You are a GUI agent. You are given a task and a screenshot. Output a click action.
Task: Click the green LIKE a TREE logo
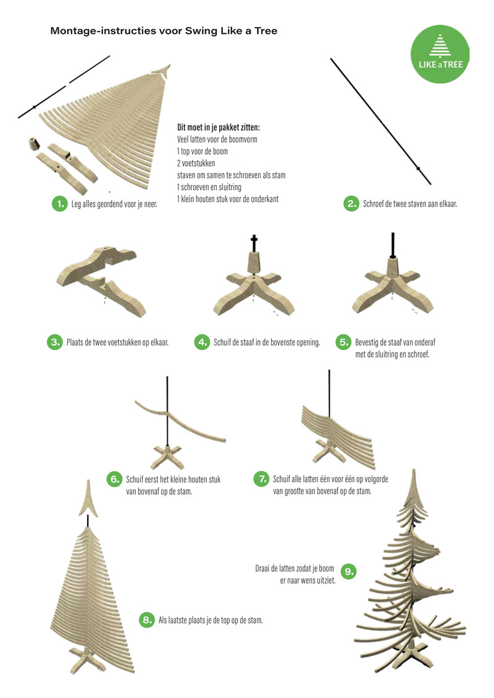[440, 54]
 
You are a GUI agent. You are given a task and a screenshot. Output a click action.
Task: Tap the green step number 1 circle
[59, 204]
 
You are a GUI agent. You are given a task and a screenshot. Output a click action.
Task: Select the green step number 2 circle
[351, 204]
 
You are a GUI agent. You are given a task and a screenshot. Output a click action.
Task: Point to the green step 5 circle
[343, 342]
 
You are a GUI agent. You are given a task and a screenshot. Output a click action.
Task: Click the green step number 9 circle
[349, 571]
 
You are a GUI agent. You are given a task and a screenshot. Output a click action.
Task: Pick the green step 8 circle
[146, 620]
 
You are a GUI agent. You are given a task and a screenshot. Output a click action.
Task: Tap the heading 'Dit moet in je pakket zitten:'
[218, 127]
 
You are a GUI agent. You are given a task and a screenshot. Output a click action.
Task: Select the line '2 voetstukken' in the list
[196, 163]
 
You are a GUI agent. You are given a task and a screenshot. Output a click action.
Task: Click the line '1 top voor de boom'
[203, 151]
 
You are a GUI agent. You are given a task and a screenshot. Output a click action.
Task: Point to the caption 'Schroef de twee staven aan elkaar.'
[410, 204]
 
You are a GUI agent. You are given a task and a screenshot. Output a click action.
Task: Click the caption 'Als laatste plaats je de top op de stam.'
[210, 620]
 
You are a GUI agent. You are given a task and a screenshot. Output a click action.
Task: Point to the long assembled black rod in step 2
[380, 121]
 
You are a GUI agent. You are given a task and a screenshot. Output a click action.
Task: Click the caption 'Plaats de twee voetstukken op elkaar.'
[117, 343]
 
